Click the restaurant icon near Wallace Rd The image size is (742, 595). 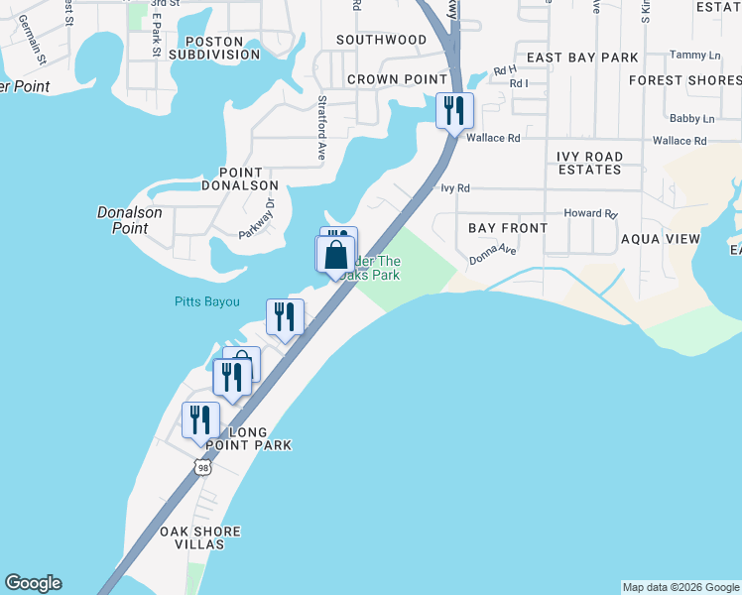[455, 110]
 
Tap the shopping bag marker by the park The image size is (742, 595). [335, 254]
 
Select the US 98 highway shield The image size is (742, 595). [203, 467]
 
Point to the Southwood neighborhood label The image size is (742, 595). [381, 40]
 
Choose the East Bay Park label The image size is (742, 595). [582, 58]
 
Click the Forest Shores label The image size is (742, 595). [683, 79]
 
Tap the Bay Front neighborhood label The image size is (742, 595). [507, 228]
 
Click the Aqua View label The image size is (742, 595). [660, 239]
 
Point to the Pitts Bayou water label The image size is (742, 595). [206, 301]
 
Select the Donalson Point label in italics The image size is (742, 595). [123, 220]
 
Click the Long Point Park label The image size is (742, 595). [260, 438]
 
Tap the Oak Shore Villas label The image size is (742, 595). [200, 537]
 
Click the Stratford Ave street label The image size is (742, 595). [321, 128]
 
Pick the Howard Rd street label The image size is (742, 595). [590, 213]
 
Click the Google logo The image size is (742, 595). [33, 583]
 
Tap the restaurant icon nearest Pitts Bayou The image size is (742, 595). [284, 317]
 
